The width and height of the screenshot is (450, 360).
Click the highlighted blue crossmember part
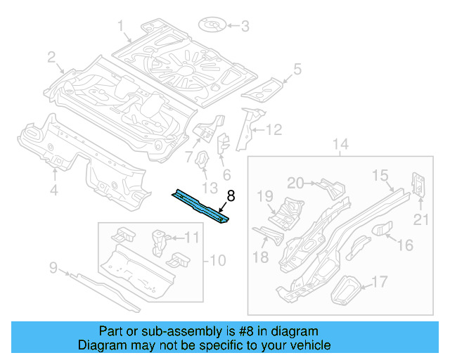tap(200, 206)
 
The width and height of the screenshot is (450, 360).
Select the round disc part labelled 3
tap(212, 27)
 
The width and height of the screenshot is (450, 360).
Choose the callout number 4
tap(54, 190)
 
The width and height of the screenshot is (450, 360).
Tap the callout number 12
tap(273, 129)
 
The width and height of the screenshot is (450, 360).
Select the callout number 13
tap(210, 187)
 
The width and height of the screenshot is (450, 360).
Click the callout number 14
tap(340, 146)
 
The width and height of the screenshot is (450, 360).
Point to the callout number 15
tap(380, 175)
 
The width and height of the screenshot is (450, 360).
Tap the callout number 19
tap(264, 195)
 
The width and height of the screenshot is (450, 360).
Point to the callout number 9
tap(52, 266)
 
